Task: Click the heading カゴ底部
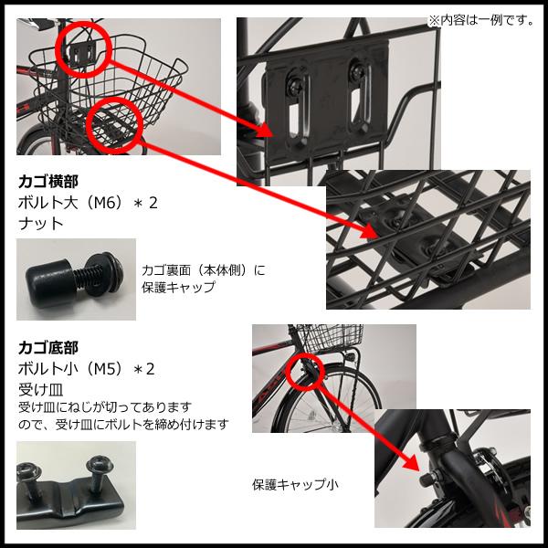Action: [x=48, y=347]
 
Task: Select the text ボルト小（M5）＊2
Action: [x=87, y=369]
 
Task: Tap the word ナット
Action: [x=37, y=223]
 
